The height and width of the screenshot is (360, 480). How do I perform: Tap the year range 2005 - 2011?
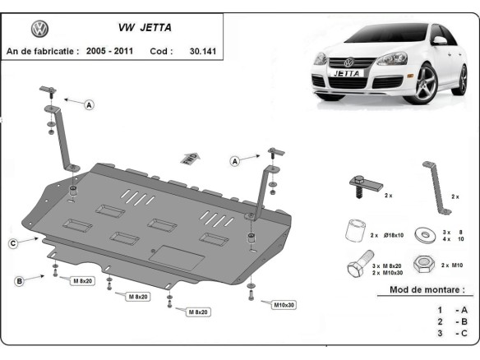111,50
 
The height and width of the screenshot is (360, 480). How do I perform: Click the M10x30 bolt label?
284,305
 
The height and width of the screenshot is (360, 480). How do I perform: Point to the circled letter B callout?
19,282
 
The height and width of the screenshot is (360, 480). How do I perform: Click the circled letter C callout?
14,242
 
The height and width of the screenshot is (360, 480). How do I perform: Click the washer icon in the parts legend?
426,234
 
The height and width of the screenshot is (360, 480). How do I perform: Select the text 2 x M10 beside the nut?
453,265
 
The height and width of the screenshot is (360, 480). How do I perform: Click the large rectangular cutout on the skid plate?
180,257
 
